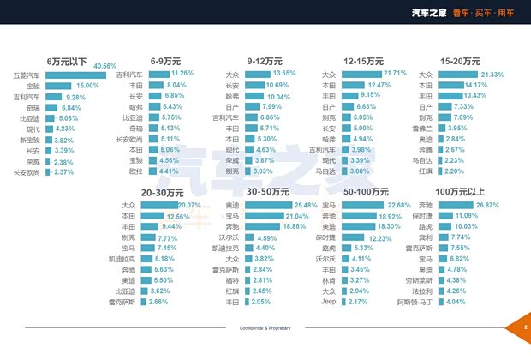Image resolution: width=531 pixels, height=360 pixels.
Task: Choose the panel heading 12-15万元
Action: [x=365, y=62]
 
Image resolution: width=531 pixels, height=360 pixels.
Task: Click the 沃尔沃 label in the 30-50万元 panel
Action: [x=230, y=237]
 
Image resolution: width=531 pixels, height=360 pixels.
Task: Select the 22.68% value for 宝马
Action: [x=399, y=206]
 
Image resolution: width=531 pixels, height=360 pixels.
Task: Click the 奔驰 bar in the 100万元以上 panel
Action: [x=463, y=206]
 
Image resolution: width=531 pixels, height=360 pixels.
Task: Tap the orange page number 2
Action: [x=524, y=327]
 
